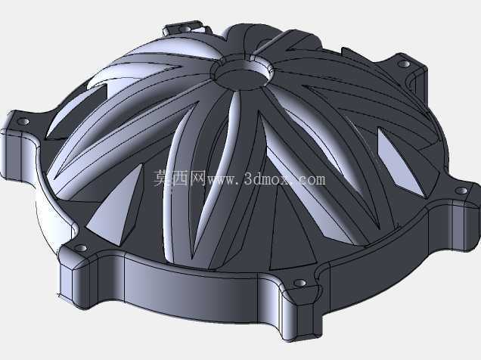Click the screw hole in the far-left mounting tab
coord(23,122)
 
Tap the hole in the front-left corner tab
coord(81,248)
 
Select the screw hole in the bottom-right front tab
coord(299,283)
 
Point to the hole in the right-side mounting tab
coord(461,191)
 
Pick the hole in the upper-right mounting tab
coord(404,64)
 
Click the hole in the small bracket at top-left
coord(184,29)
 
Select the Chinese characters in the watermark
coord(180,178)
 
